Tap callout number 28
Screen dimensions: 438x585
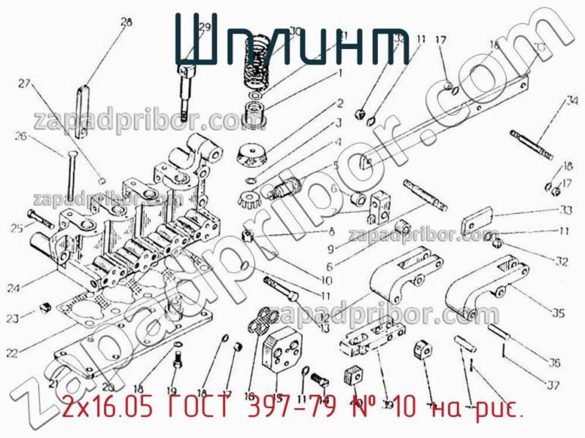pos(127,23)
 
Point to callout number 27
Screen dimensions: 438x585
pos(26,83)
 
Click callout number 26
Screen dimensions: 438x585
pos(20,136)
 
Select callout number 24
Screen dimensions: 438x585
pos(12,288)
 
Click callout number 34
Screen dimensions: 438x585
pos(572,101)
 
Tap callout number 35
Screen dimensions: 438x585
pos(559,314)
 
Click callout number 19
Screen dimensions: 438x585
pos(173,391)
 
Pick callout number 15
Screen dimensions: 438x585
pos(277,389)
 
